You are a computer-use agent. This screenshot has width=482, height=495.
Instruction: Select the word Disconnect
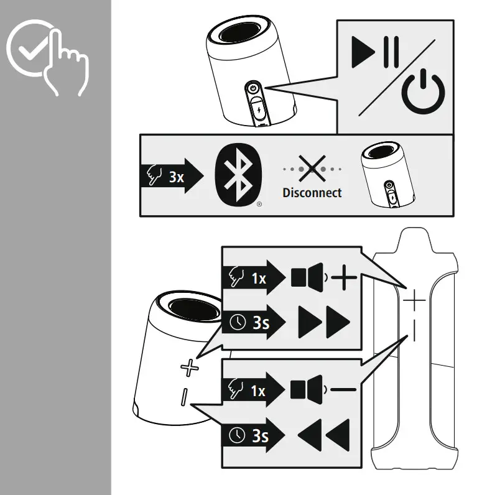tap(312, 193)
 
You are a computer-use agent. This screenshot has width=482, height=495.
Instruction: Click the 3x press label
tap(176, 177)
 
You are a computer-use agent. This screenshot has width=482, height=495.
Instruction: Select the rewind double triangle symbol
tap(323, 435)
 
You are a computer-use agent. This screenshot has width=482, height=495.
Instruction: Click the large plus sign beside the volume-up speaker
tap(345, 278)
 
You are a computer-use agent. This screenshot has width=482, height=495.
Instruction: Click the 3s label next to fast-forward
tap(261, 323)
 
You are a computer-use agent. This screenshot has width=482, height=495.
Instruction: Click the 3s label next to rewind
tap(261, 436)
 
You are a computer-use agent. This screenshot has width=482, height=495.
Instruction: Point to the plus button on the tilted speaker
tap(188, 368)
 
